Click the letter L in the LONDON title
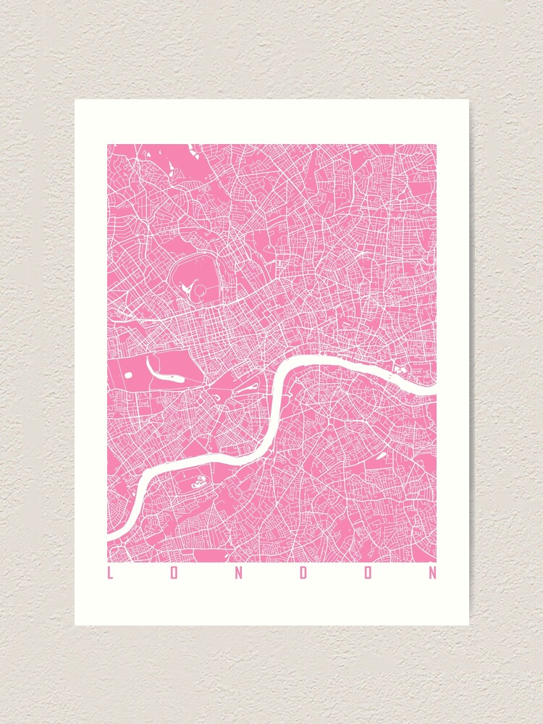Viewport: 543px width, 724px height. (x=110, y=573)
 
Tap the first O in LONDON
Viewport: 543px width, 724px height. (x=174, y=573)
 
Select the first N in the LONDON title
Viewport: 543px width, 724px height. (x=239, y=573)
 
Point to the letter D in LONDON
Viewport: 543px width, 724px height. (x=304, y=573)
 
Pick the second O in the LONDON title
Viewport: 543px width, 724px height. (x=369, y=573)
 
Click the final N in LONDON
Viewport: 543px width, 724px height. (x=433, y=573)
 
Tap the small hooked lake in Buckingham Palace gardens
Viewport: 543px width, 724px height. (x=216, y=397)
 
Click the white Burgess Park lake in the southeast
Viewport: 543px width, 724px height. (x=379, y=458)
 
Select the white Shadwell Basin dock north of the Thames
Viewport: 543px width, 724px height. (x=397, y=370)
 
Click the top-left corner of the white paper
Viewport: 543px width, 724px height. (x=75, y=100)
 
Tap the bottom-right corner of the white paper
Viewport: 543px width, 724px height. (x=468, y=625)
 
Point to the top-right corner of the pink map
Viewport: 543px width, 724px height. (x=436, y=145)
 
